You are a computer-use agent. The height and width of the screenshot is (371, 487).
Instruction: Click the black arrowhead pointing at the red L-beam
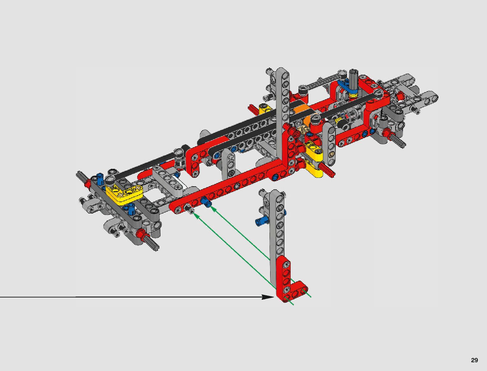269,297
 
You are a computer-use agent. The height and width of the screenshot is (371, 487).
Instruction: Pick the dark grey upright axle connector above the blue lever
353,82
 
